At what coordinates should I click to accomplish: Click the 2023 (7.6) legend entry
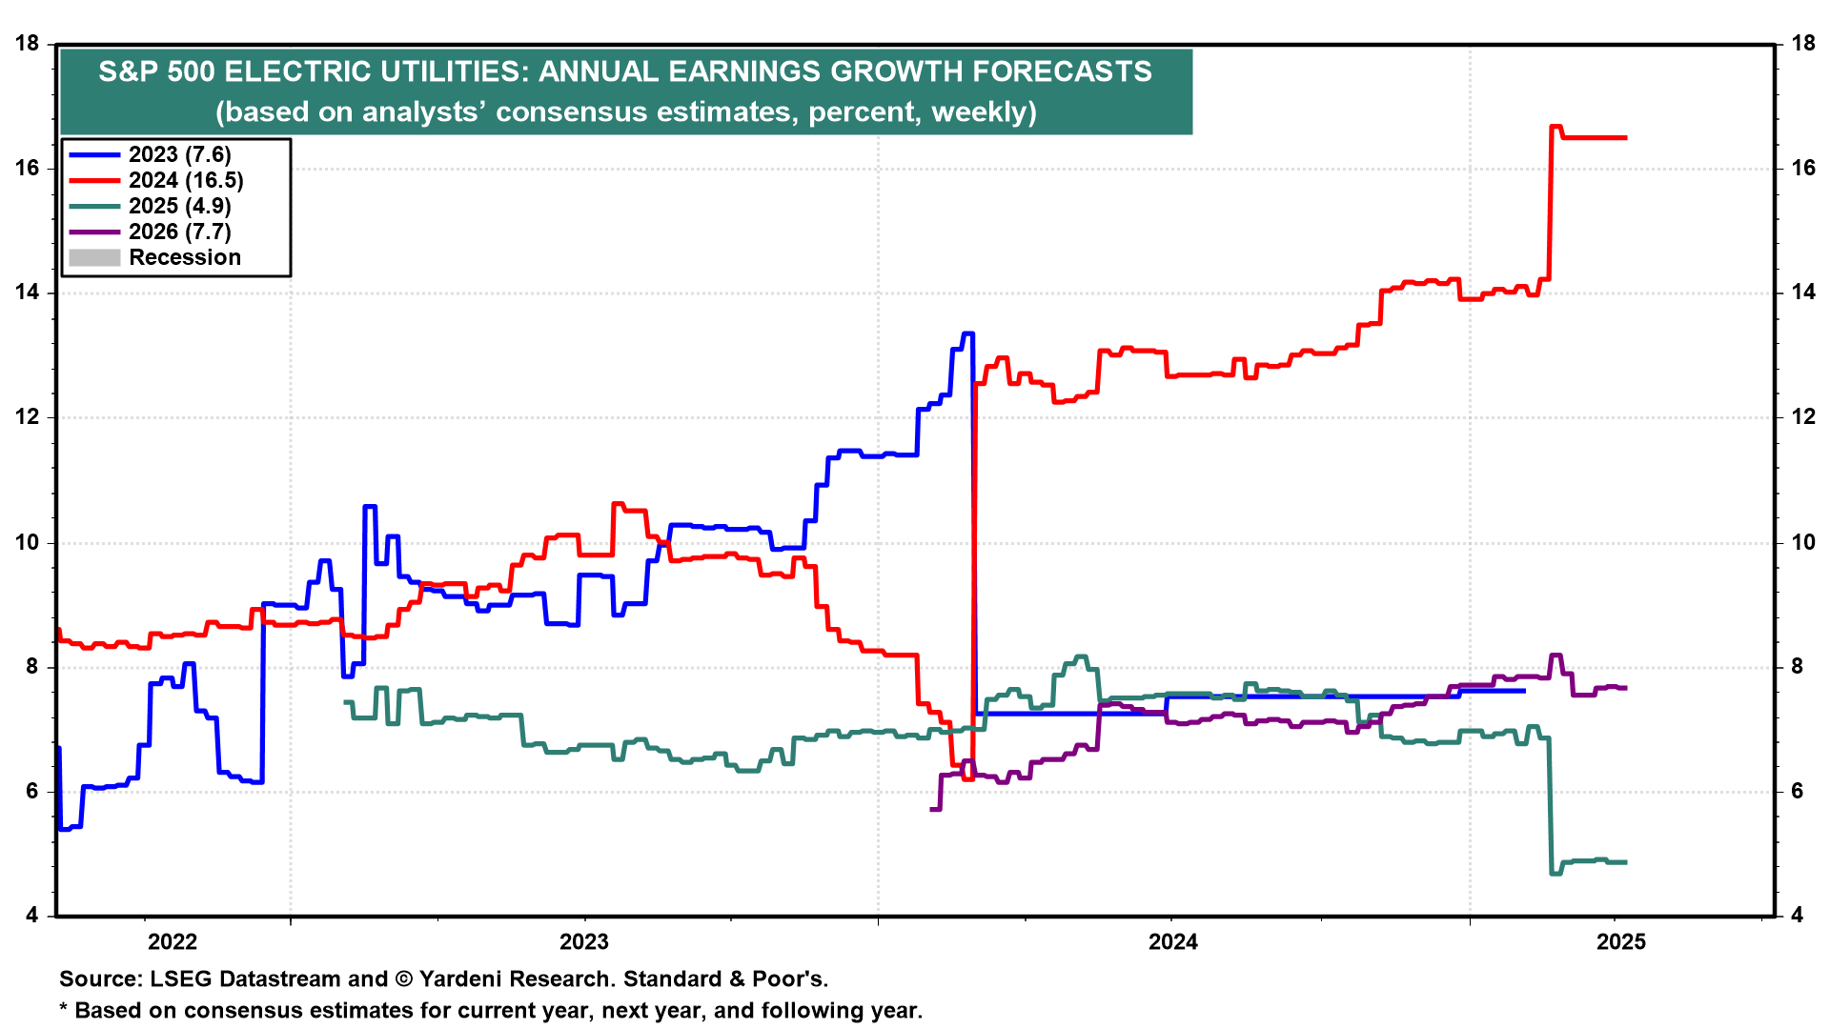click(x=179, y=154)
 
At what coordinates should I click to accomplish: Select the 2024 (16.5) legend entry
click(x=186, y=180)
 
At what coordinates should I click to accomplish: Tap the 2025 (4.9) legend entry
click(x=179, y=206)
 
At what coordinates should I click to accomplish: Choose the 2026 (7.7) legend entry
click(x=179, y=232)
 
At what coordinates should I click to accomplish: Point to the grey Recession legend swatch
click(x=94, y=257)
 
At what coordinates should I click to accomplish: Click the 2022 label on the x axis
click(x=173, y=942)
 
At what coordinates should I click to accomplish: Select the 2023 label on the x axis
click(x=584, y=942)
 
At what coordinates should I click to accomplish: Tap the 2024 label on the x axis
click(x=1173, y=942)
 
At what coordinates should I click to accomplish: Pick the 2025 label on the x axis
click(x=1620, y=942)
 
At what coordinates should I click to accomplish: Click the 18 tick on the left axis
click(x=28, y=44)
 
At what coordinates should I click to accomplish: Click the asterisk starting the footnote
click(x=64, y=1010)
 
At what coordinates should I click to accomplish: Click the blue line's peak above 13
click(x=967, y=333)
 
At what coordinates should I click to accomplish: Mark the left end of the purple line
click(x=932, y=809)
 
